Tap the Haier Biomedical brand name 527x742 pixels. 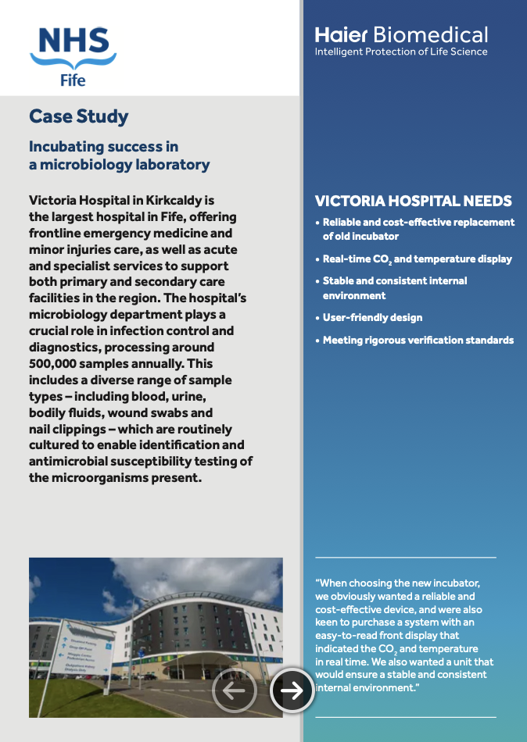[401, 34]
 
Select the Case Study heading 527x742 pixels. [78, 116]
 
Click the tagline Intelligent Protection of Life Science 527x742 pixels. [400, 52]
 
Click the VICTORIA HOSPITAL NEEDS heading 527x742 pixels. [413, 201]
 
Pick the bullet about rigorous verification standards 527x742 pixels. [418, 340]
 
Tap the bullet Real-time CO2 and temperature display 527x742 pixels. [418, 259]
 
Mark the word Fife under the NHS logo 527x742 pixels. [73, 80]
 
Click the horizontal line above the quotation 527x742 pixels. [405, 558]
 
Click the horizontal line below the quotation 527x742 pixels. [405, 716]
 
